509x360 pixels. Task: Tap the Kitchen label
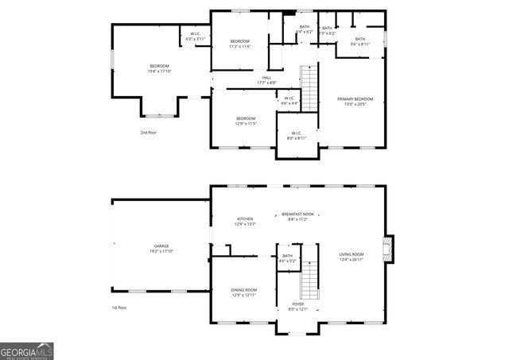click(245, 222)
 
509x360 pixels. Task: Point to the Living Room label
click(352, 257)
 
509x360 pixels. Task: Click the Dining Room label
click(244, 292)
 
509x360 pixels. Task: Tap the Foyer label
click(297, 306)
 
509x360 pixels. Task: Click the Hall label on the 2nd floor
click(266, 79)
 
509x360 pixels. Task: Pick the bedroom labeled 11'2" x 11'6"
click(240, 44)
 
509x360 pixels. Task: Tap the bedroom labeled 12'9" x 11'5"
click(245, 121)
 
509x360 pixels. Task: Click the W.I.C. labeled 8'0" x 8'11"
click(296, 135)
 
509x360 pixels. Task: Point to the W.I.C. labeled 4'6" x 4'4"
click(289, 101)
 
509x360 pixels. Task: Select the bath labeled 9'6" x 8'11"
click(359, 41)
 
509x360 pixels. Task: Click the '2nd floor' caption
click(148, 133)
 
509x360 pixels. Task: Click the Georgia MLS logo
click(27, 350)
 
